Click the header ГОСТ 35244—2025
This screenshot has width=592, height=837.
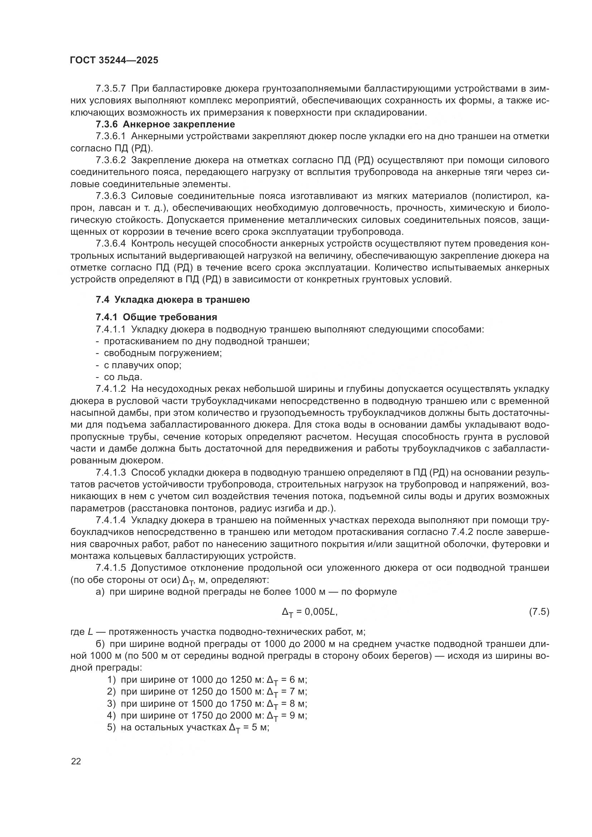pyautogui.click(x=114, y=60)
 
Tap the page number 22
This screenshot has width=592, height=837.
pyautogui.click(x=76, y=761)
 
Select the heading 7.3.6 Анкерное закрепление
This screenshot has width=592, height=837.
pyautogui.click(x=165, y=124)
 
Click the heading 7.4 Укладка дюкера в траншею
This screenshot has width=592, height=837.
pyautogui.click(x=173, y=300)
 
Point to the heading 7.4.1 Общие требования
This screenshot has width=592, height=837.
pyautogui.click(x=156, y=317)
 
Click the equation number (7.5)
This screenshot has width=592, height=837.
pyautogui.click(x=539, y=612)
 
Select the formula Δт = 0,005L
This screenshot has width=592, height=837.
pyautogui.click(x=310, y=612)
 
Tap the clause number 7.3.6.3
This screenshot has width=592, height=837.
pyautogui.click(x=111, y=196)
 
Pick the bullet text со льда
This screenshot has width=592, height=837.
pyautogui.click(x=123, y=377)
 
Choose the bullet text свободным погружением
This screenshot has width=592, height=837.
pyautogui.click(x=162, y=353)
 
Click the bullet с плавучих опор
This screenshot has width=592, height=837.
pyautogui.click(x=142, y=365)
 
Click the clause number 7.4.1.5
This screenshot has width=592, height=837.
pyautogui.click(x=111, y=568)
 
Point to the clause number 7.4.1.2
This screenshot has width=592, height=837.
pyautogui.click(x=111, y=389)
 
